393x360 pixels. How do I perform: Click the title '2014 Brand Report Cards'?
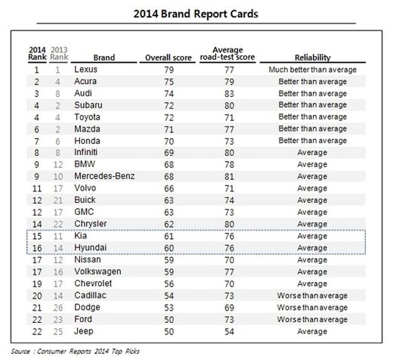[196, 14]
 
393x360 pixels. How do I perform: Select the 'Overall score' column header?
[169, 57]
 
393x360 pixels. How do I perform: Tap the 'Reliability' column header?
[313, 57]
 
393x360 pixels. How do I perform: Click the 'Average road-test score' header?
[227, 54]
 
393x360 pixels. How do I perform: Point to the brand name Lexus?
[85, 70]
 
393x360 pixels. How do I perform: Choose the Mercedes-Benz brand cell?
[104, 176]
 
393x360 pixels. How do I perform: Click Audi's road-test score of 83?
[229, 94]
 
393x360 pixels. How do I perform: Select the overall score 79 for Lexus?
[169, 70]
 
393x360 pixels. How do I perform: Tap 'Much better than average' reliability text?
[313, 70]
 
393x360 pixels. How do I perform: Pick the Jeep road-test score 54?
[229, 331]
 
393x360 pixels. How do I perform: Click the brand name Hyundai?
[90, 247]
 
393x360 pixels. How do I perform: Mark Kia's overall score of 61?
[169, 236]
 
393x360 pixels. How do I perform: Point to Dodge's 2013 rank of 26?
[58, 308]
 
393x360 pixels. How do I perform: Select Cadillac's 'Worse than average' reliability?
[312, 296]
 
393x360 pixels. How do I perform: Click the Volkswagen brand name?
[97, 272]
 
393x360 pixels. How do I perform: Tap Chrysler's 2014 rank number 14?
[37, 224]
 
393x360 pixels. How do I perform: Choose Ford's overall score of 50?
[169, 320]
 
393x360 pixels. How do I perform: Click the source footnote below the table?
[75, 351]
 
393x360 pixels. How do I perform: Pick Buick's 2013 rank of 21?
[58, 200]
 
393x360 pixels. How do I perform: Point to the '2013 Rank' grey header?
[59, 54]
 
